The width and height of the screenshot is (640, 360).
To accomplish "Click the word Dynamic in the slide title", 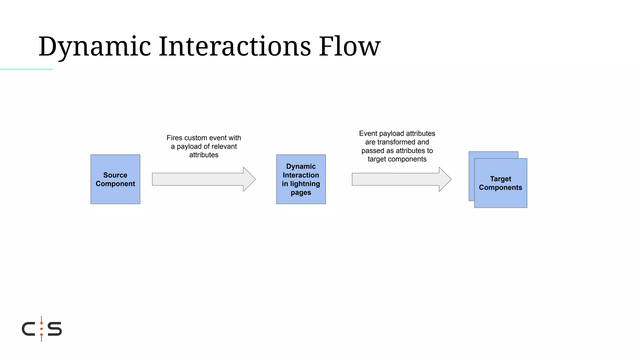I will [x=95, y=47].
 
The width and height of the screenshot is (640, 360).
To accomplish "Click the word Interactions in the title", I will [x=235, y=47].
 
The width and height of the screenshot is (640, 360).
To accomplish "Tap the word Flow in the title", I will [x=349, y=47].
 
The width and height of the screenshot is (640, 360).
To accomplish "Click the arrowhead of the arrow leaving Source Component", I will [x=249, y=179].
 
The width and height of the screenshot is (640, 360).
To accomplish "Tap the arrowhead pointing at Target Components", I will [x=445, y=179].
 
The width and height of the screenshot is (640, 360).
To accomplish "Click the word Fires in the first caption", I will [x=174, y=138].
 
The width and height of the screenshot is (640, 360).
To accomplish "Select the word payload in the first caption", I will [x=188, y=147].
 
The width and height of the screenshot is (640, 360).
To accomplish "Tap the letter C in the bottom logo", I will [x=28, y=329].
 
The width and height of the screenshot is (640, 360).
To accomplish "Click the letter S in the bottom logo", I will [x=55, y=329].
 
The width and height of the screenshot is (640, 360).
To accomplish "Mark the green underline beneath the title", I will [x=26, y=69].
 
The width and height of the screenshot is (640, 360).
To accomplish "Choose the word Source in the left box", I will [x=115, y=175].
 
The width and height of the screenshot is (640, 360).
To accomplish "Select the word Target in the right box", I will [x=500, y=179].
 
